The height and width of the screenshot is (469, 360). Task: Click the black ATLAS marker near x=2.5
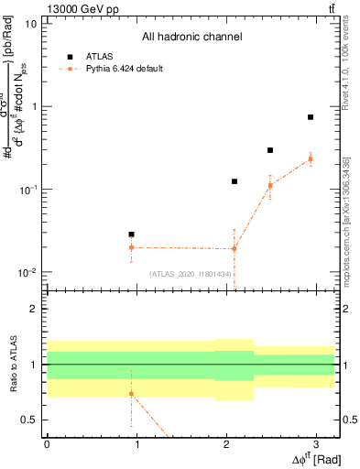pyautogui.click(x=270, y=150)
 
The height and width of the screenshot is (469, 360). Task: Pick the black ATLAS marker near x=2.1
pyautogui.click(x=235, y=181)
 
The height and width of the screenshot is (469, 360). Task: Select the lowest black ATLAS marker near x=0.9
pyautogui.click(x=131, y=234)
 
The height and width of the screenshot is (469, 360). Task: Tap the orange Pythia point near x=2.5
pyautogui.click(x=270, y=185)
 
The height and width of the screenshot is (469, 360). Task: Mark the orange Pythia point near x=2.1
pyautogui.click(x=235, y=248)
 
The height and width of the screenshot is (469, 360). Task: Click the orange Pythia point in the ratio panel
pyautogui.click(x=131, y=394)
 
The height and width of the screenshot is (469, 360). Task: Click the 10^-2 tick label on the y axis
pyautogui.click(x=27, y=272)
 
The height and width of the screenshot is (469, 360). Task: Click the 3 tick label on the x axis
pyautogui.click(x=317, y=443)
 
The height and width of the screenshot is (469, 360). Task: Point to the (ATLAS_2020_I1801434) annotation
pyautogui.click(x=191, y=274)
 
